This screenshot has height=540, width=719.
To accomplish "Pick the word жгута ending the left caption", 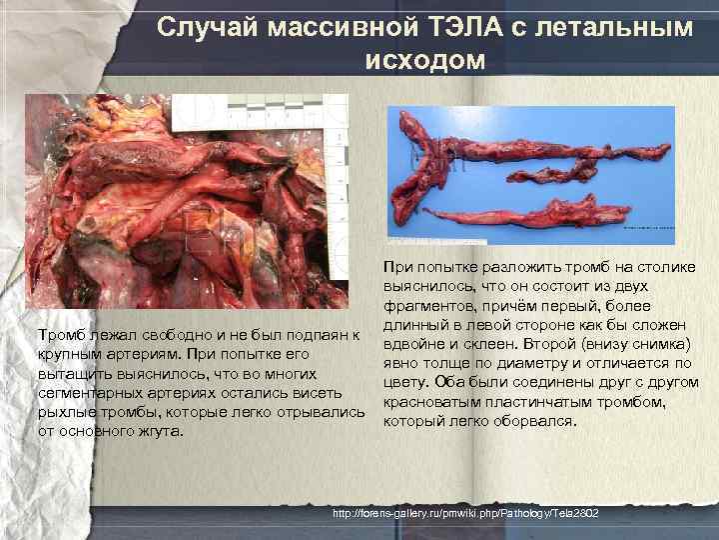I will tap(162, 432).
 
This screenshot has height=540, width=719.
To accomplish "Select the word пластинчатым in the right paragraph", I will tap(526, 402).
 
